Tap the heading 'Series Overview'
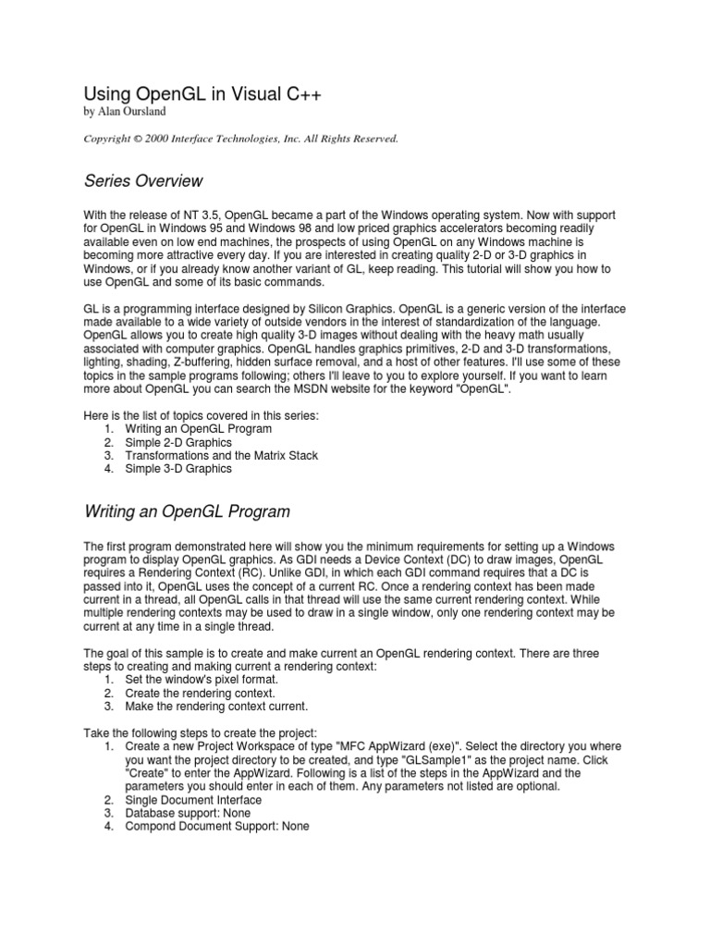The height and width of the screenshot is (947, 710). point(143,180)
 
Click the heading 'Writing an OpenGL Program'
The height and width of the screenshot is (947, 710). point(187,510)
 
